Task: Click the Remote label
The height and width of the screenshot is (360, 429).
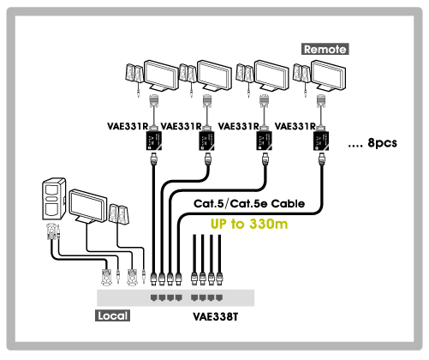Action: (325, 49)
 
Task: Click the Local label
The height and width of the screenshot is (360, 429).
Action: (112, 315)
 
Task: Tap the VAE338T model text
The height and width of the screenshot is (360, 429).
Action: (216, 316)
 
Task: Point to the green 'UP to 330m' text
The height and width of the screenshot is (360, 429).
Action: (249, 224)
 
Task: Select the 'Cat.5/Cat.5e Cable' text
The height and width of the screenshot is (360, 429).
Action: (249, 203)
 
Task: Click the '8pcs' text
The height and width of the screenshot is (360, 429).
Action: (382, 142)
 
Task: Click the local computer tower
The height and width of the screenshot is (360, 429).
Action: (54, 199)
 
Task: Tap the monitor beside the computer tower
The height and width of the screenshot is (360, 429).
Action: (88, 206)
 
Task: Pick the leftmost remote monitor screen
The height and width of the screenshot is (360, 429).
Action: (161, 75)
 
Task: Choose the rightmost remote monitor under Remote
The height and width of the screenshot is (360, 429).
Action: (329, 75)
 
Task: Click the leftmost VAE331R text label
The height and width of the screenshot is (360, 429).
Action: (128, 126)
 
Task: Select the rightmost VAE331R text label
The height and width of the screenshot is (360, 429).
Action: (295, 126)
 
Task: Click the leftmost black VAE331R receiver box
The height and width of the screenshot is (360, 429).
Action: (154, 140)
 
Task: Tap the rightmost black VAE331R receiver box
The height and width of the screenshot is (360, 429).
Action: (321, 140)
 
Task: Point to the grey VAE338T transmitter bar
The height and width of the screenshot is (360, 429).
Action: (176, 298)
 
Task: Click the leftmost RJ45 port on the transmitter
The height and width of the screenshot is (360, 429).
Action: (154, 297)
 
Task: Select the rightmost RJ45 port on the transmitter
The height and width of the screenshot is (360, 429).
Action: (219, 297)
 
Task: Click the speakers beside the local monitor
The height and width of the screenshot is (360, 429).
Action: (119, 213)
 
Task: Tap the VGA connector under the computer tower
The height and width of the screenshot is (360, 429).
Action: (51, 231)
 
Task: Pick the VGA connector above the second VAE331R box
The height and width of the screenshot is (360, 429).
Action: (207, 102)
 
